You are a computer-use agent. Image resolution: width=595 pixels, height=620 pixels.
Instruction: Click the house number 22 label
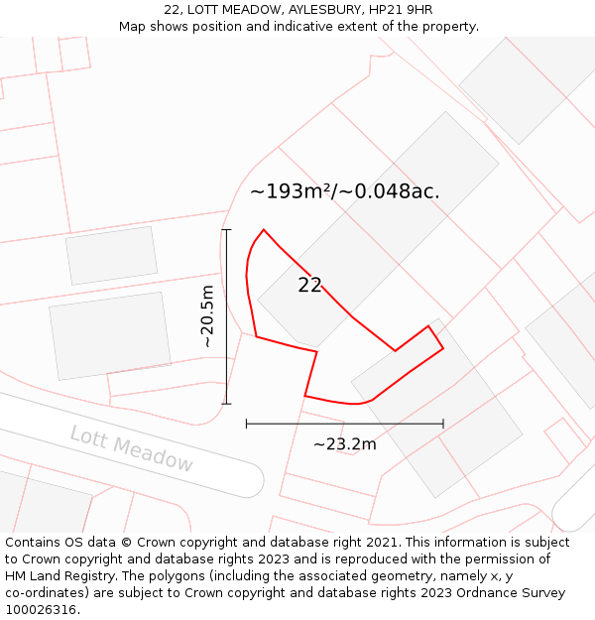pos(309,286)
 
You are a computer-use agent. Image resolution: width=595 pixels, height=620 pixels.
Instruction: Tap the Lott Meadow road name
pos(132,448)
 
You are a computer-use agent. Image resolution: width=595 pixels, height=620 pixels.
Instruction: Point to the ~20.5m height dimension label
pos(207,315)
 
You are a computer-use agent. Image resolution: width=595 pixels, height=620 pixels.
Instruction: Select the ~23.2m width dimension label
pos(344,444)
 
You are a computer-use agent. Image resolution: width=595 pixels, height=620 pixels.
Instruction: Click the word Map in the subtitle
pos(134,27)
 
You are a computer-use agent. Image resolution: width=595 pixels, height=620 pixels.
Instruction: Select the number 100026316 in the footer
pos(41,610)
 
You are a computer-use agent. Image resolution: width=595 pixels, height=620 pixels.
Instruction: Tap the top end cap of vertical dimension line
pos(226,230)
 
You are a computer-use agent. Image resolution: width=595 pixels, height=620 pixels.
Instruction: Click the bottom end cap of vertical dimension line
pos(226,404)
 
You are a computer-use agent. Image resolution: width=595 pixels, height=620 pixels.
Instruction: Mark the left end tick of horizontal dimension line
pos(246,424)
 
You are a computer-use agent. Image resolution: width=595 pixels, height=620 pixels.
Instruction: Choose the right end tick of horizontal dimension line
pos(443,424)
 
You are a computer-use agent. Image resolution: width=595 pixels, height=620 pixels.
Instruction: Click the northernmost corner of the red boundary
pos(264,230)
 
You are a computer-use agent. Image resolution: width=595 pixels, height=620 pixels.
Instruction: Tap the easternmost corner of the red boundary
pos(443,348)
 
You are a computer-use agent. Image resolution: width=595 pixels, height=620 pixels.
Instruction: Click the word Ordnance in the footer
pos(510,593)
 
